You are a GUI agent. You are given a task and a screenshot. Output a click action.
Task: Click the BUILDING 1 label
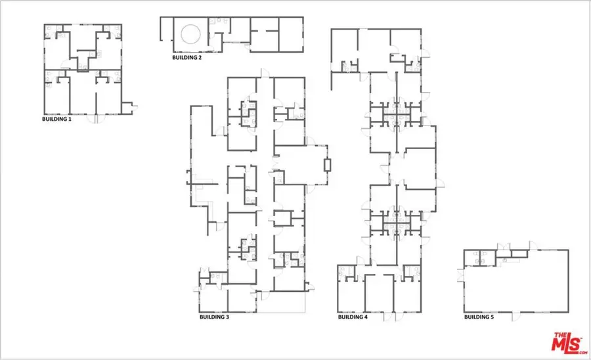(x=56, y=120)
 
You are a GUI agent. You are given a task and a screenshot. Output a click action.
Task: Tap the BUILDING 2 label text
(x=187, y=58)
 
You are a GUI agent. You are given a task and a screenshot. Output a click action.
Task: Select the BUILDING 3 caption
(x=214, y=317)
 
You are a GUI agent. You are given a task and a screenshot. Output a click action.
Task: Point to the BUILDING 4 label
(x=353, y=317)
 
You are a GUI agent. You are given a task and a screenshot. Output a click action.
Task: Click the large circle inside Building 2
(x=190, y=34)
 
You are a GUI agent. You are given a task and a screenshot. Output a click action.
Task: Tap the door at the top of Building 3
(x=263, y=74)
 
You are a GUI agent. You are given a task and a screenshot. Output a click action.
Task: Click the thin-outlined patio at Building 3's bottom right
(x=282, y=302)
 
